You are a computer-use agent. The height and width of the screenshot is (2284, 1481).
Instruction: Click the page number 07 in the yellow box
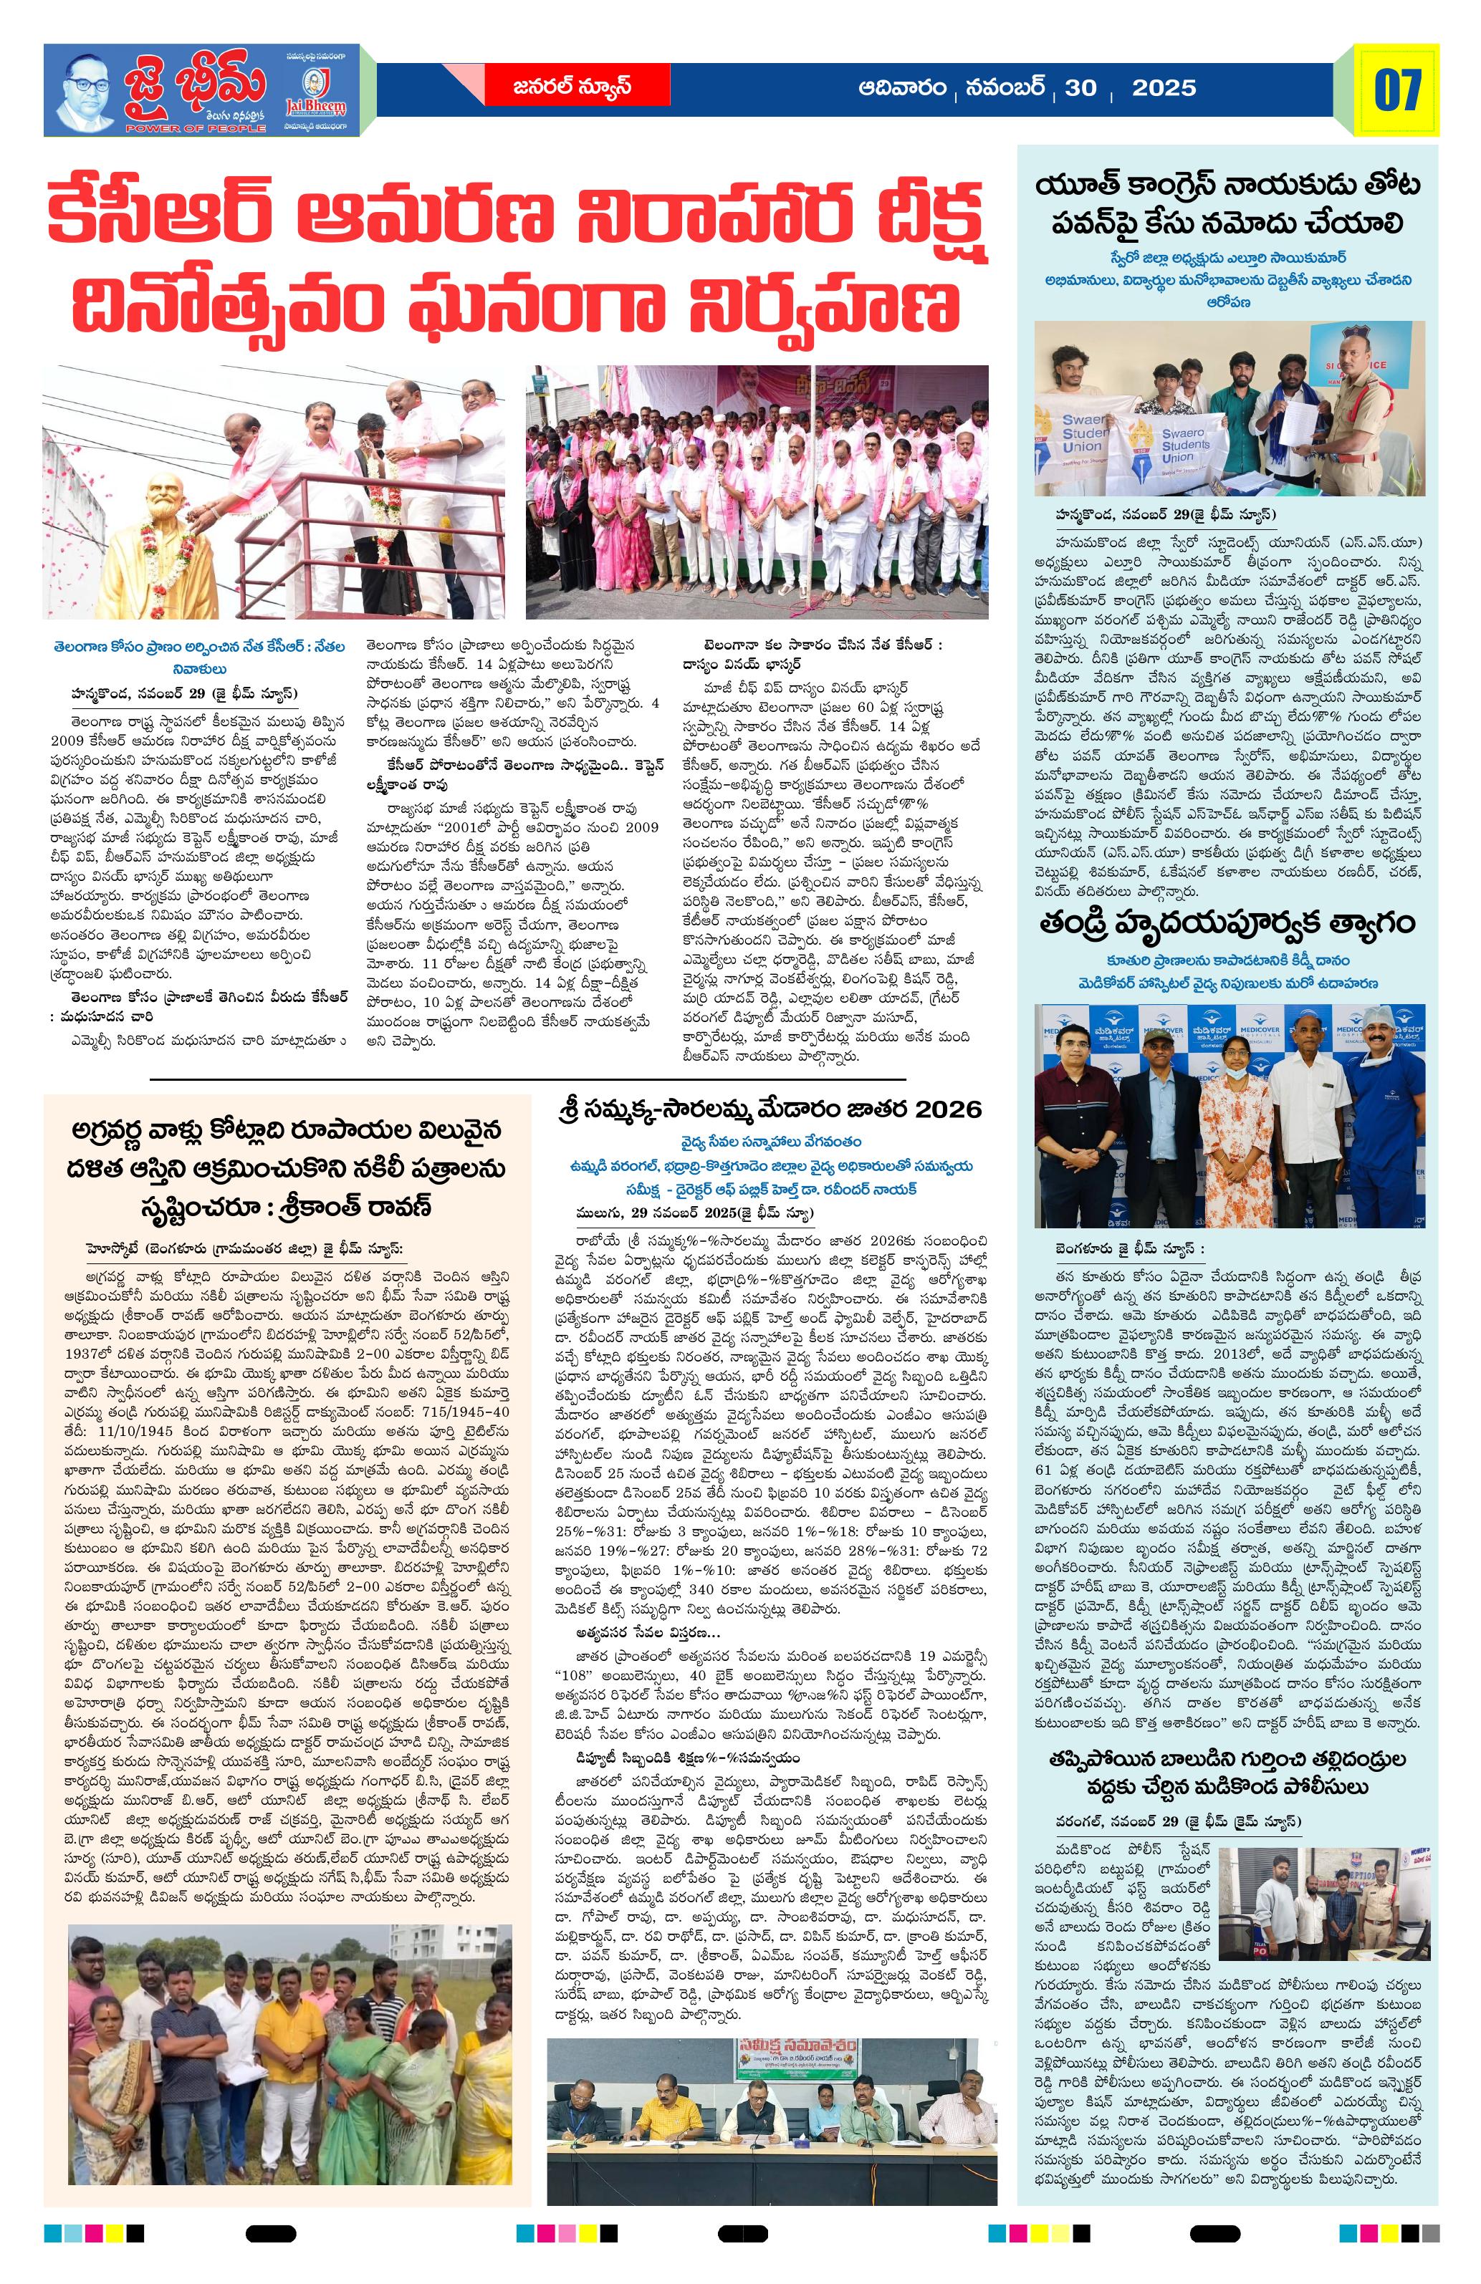tap(1397, 90)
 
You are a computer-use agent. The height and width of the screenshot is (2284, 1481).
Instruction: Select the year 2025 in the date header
tap(1164, 88)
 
